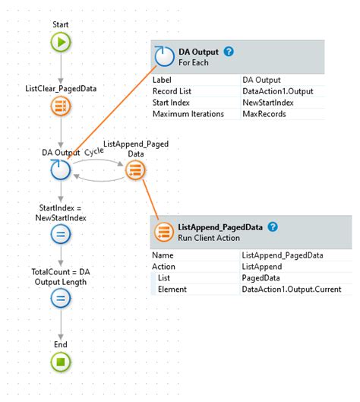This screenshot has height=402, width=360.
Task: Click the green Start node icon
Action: coord(61,43)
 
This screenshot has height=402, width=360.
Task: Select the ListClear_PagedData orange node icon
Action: coord(61,106)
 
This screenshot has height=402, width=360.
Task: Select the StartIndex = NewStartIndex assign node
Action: coord(61,235)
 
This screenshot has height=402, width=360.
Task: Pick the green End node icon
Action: coord(61,362)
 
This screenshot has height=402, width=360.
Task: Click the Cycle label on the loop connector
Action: coord(93,151)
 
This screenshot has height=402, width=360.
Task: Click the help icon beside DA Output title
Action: coord(229,52)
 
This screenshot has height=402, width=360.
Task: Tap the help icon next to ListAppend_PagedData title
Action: coord(273,227)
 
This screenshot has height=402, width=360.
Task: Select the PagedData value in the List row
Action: coord(260,278)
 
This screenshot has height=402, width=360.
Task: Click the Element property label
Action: coord(173,290)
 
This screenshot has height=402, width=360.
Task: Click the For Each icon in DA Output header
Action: coord(163,57)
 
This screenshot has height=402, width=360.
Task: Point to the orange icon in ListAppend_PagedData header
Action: coord(163,232)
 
